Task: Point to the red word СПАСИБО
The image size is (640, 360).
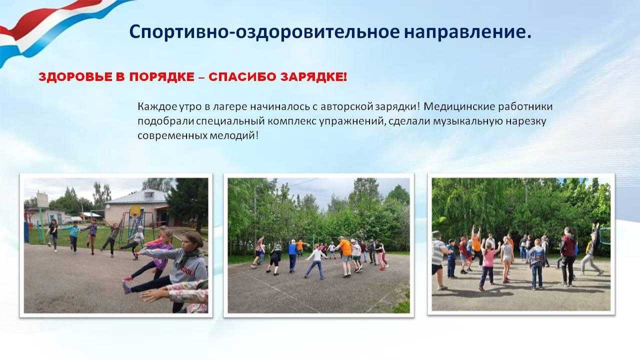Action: pyautogui.click(x=242, y=77)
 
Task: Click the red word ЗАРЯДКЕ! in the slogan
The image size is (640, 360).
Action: pyautogui.click(x=313, y=77)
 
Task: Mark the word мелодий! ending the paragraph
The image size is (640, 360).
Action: pyautogui.click(x=234, y=135)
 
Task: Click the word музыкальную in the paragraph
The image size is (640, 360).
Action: pyautogui.click(x=468, y=121)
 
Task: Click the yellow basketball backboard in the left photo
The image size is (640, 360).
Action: pyautogui.click(x=135, y=211)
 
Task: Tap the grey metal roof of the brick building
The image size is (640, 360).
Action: pyautogui.click(x=137, y=196)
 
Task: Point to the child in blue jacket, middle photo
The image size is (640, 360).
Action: pyautogui.click(x=292, y=255)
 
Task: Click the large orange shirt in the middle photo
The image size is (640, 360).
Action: pyautogui.click(x=345, y=247)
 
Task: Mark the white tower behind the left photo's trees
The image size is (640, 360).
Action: pyautogui.click(x=42, y=199)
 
